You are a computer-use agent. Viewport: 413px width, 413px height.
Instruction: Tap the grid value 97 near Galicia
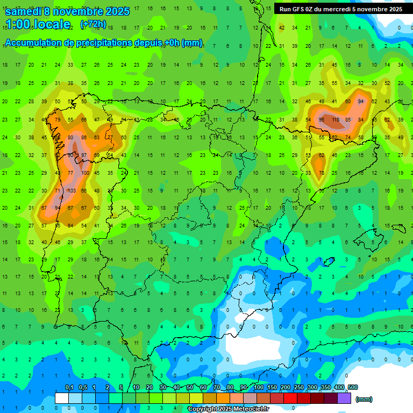pos(83,155)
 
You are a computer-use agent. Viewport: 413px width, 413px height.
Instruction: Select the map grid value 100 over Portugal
pos(86,173)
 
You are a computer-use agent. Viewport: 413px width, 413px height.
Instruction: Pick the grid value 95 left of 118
pos(322,119)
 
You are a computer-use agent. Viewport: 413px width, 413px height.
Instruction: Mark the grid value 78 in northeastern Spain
pos(322,173)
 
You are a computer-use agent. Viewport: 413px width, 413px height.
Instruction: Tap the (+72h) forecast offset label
pos(93,24)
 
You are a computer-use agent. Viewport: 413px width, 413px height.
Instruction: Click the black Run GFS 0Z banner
pos(340,9)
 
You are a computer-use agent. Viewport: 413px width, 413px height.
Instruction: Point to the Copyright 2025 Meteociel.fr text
pos(229,409)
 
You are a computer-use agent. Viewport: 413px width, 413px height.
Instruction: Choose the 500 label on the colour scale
pos(352,387)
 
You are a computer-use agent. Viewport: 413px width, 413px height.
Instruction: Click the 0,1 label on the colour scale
pos(69,387)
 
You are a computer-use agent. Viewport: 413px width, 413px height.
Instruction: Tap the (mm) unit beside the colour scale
pos(364,399)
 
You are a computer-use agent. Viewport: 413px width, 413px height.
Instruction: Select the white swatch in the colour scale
pos(62,398)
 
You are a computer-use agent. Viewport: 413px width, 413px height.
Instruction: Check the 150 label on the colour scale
pos(272,387)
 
